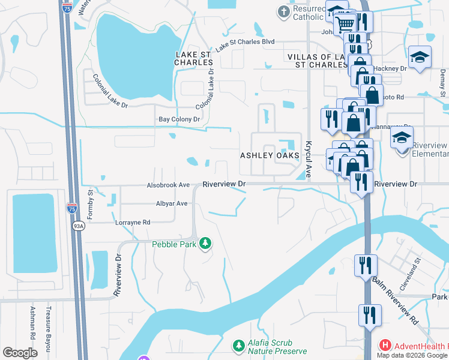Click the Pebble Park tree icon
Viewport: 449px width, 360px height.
pyautogui.click(x=206, y=243)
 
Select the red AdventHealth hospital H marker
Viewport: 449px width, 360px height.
pyautogui.click(x=385, y=346)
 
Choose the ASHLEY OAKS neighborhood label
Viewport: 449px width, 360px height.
pyautogui.click(x=270, y=155)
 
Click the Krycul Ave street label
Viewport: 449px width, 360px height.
pyautogui.click(x=309, y=160)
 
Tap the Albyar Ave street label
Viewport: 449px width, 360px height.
pyautogui.click(x=172, y=203)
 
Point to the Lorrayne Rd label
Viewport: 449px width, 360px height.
pyautogui.click(x=133, y=222)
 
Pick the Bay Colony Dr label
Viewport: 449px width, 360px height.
pyautogui.click(x=179, y=119)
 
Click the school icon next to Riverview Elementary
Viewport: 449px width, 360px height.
pyautogui.click(x=402, y=138)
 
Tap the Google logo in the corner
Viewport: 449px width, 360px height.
pyautogui.click(x=20, y=353)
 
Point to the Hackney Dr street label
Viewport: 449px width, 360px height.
pyautogui.click(x=394, y=69)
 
